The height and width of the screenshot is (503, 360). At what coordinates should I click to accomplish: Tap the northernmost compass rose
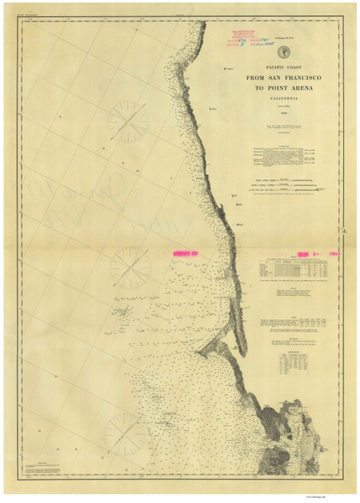128,121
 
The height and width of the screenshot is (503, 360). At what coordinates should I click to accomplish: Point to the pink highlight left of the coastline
189,251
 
